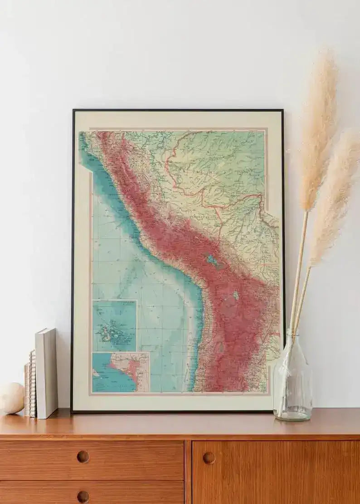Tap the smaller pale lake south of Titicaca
(x=236, y=296)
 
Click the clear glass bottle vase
(x=292, y=383)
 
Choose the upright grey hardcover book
(x=46, y=373)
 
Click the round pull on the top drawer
(x=83, y=456)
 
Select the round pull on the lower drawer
(x=83, y=497)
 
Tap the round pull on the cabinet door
(x=209, y=458)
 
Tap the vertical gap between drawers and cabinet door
(x=188, y=471)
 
